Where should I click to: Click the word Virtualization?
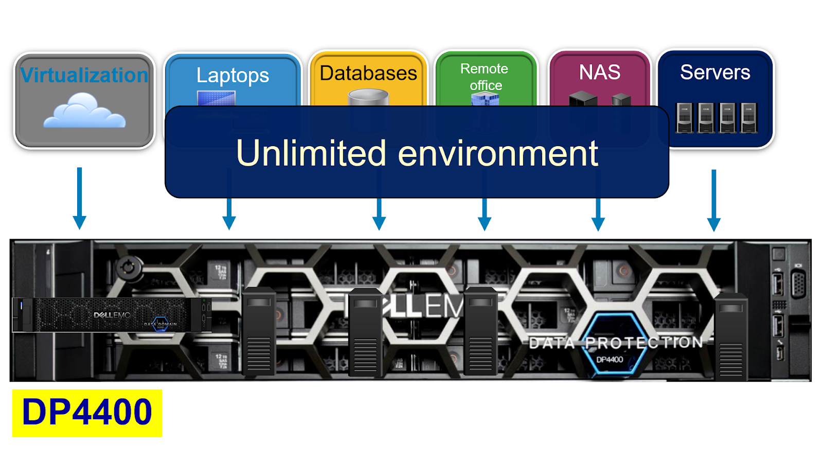(84, 75)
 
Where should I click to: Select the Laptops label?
(232, 76)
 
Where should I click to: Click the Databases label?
(368, 73)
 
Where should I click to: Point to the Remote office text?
(485, 77)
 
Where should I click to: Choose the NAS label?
(599, 72)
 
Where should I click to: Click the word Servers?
(715, 72)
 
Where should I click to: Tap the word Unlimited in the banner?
(311, 153)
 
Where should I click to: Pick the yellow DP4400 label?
(87, 413)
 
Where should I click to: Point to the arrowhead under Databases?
(379, 223)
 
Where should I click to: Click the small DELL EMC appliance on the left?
(112, 315)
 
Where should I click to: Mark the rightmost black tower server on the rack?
(731, 337)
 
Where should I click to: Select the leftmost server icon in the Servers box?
(685, 118)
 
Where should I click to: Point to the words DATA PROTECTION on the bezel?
(616, 343)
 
